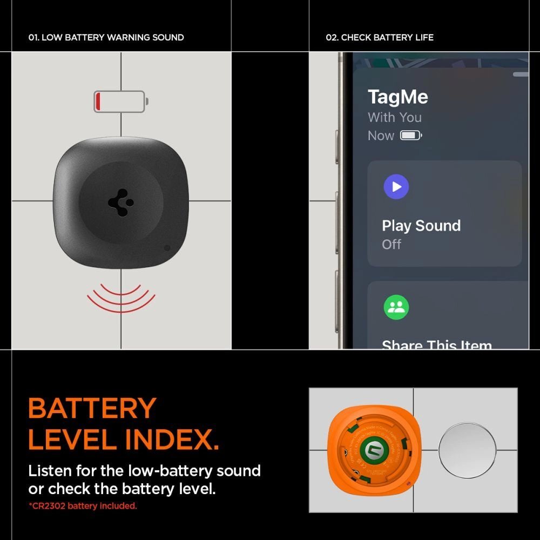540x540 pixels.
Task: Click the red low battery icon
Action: click(x=120, y=102)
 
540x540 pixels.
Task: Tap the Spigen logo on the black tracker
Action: click(x=120, y=203)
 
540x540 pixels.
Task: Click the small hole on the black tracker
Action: click(x=167, y=248)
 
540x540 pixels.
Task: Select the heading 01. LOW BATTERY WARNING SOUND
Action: click(x=106, y=37)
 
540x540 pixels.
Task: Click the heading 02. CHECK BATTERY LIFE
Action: click(x=380, y=37)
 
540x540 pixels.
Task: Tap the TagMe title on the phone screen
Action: click(x=397, y=97)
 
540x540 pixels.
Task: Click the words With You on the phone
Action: click(x=394, y=117)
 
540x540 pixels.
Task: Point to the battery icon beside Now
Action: click(x=410, y=136)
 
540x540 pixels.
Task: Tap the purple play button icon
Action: click(x=396, y=187)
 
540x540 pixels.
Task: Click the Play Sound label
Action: click(x=421, y=226)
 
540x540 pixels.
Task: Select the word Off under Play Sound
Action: click(x=391, y=244)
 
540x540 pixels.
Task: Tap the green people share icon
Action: click(x=396, y=307)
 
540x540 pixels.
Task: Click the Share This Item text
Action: click(x=436, y=345)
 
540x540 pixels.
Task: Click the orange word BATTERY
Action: click(x=92, y=409)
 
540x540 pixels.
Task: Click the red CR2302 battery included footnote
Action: click(x=83, y=506)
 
